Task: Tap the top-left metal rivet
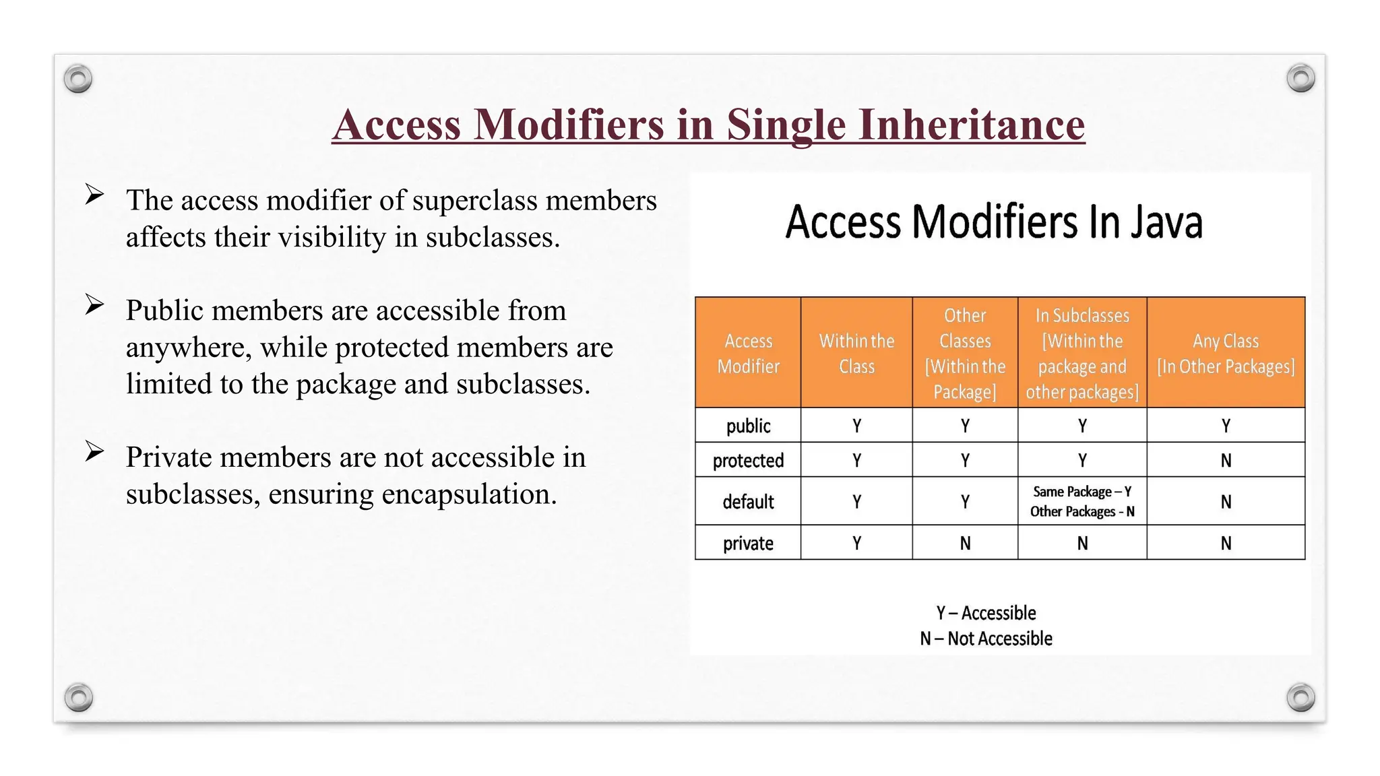(78, 79)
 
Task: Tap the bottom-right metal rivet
(1300, 697)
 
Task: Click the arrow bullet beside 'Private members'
(94, 451)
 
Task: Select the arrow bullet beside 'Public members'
(94, 304)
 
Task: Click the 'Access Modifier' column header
(748, 354)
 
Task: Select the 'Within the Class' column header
(856, 354)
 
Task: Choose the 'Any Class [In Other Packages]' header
(1226, 354)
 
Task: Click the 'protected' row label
(748, 461)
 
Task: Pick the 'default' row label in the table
(748, 502)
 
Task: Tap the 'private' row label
(748, 544)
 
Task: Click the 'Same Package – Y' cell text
(1081, 492)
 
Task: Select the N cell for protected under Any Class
(1226, 461)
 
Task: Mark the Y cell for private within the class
(856, 544)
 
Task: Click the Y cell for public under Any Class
(1226, 426)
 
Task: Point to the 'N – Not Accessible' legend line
(986, 639)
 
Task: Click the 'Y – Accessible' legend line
(986, 613)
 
